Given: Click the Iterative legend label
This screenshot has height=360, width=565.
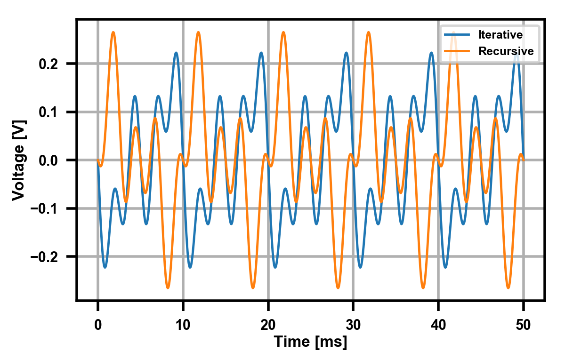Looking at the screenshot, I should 500,35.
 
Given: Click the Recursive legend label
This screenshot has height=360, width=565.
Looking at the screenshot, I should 506,51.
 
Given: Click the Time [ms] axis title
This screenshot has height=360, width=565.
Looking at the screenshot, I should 311,342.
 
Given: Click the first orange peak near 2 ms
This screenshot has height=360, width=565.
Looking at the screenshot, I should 113,32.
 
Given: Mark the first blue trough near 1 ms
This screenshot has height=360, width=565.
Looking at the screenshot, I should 105,267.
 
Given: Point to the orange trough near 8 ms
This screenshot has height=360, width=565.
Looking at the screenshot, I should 168,288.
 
